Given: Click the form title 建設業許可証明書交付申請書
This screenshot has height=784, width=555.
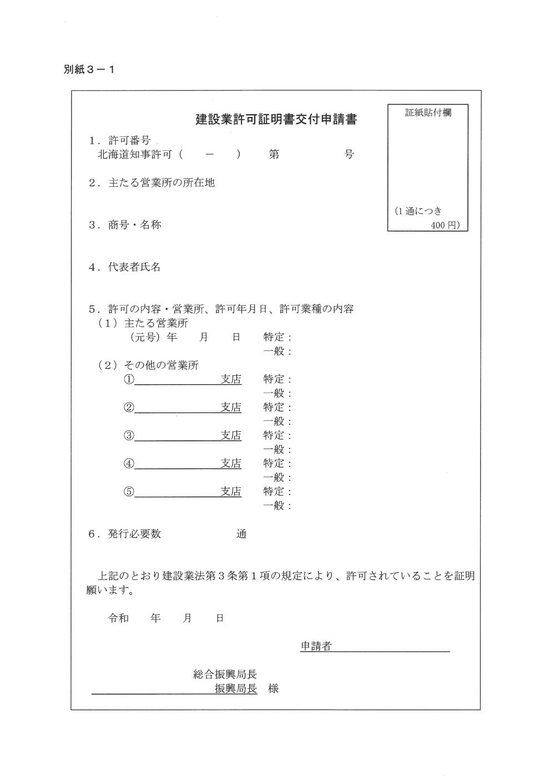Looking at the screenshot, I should pyautogui.click(x=276, y=119).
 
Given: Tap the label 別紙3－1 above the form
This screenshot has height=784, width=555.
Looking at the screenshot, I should pyautogui.click(x=89, y=70).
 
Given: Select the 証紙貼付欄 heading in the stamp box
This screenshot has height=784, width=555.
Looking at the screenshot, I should pyautogui.click(x=428, y=113).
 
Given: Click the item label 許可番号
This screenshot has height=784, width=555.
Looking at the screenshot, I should pyautogui.click(x=129, y=140).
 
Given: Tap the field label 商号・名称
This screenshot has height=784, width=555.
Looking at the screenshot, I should pyautogui.click(x=134, y=225).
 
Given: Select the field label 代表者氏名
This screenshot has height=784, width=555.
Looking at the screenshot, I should pyautogui.click(x=134, y=267).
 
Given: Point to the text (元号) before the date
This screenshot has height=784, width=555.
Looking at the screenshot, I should pyautogui.click(x=145, y=337).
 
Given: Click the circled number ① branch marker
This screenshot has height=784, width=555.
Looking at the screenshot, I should pyautogui.click(x=129, y=380).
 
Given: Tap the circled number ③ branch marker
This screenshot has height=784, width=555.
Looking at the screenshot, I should pyautogui.click(x=129, y=436).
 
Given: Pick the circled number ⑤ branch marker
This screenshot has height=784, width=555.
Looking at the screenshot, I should pyautogui.click(x=129, y=492).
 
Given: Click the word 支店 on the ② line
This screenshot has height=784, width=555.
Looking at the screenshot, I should pyautogui.click(x=231, y=408).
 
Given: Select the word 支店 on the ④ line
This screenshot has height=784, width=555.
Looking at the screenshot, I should pyautogui.click(x=231, y=464).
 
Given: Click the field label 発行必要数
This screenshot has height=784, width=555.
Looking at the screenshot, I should pyautogui.click(x=134, y=534).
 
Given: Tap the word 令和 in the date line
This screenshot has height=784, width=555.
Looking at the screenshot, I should pyautogui.click(x=118, y=618).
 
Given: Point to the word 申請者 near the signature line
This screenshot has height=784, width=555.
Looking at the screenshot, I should pyautogui.click(x=316, y=646).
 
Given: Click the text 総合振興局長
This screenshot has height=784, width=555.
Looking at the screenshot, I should pyautogui.click(x=225, y=674).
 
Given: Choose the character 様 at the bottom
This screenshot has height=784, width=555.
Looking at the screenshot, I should pyautogui.click(x=273, y=689).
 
